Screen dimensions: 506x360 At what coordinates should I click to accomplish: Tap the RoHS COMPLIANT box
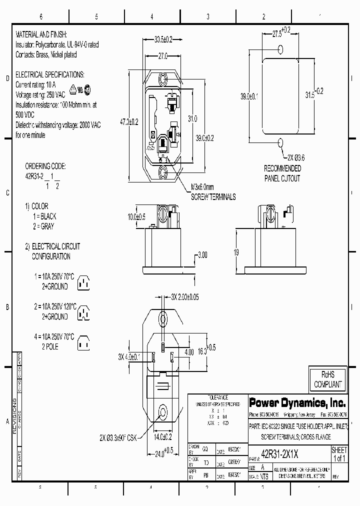[327, 379]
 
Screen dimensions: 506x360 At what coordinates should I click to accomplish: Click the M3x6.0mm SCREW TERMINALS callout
[213, 192]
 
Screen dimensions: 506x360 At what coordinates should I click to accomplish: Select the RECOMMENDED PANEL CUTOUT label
[282, 173]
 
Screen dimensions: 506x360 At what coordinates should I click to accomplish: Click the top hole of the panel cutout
[280, 48]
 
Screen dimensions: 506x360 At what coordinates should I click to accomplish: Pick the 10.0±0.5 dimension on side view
[136, 216]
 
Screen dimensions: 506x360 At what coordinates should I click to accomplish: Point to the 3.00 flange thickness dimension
[201, 255]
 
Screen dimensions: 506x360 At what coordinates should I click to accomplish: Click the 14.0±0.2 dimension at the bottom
[163, 436]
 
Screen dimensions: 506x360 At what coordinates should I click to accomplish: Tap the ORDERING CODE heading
[45, 165]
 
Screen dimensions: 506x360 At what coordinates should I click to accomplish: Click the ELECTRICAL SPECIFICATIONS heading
[50, 74]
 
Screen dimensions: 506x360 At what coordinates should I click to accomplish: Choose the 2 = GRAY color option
[43, 226]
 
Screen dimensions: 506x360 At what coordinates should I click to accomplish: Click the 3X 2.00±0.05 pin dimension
[184, 296]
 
